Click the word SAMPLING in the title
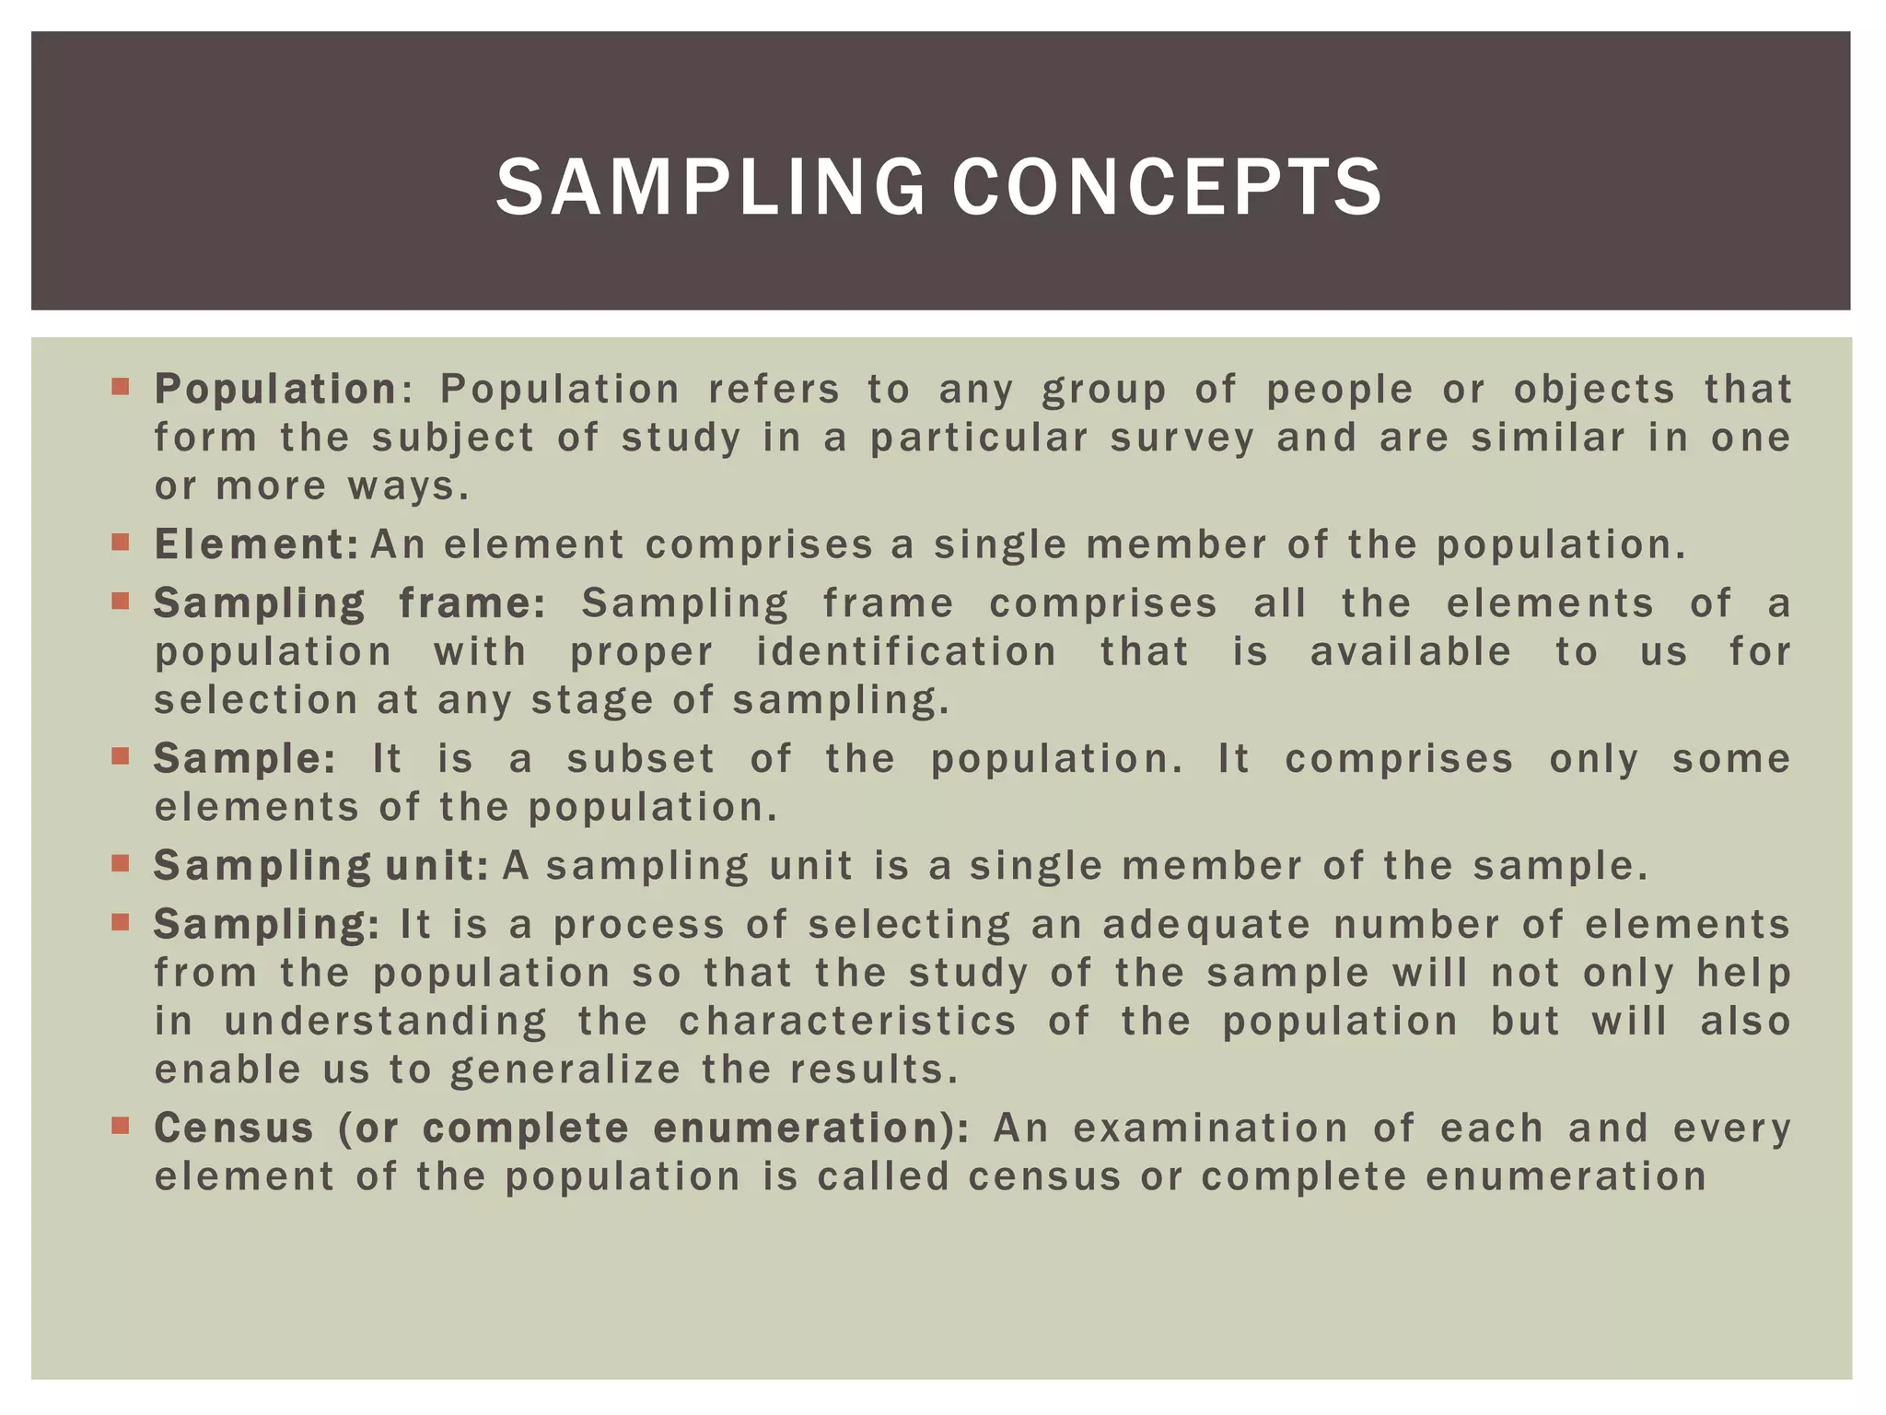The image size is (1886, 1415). [710, 187]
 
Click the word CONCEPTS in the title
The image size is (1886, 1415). [1167, 187]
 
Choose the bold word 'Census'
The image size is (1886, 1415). [235, 1128]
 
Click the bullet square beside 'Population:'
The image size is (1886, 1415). [120, 386]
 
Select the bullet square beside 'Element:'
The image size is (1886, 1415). [120, 542]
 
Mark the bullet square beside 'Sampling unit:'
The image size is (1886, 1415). [120, 863]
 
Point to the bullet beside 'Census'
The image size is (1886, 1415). [120, 1125]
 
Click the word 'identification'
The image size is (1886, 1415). [906, 652]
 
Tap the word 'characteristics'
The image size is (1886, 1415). [847, 1022]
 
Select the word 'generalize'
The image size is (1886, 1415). [565, 1070]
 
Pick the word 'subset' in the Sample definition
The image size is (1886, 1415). [641, 759]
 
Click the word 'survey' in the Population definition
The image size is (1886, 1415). [1182, 438]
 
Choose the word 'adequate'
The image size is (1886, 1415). [1206, 925]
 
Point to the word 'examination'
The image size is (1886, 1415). [1211, 1128]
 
